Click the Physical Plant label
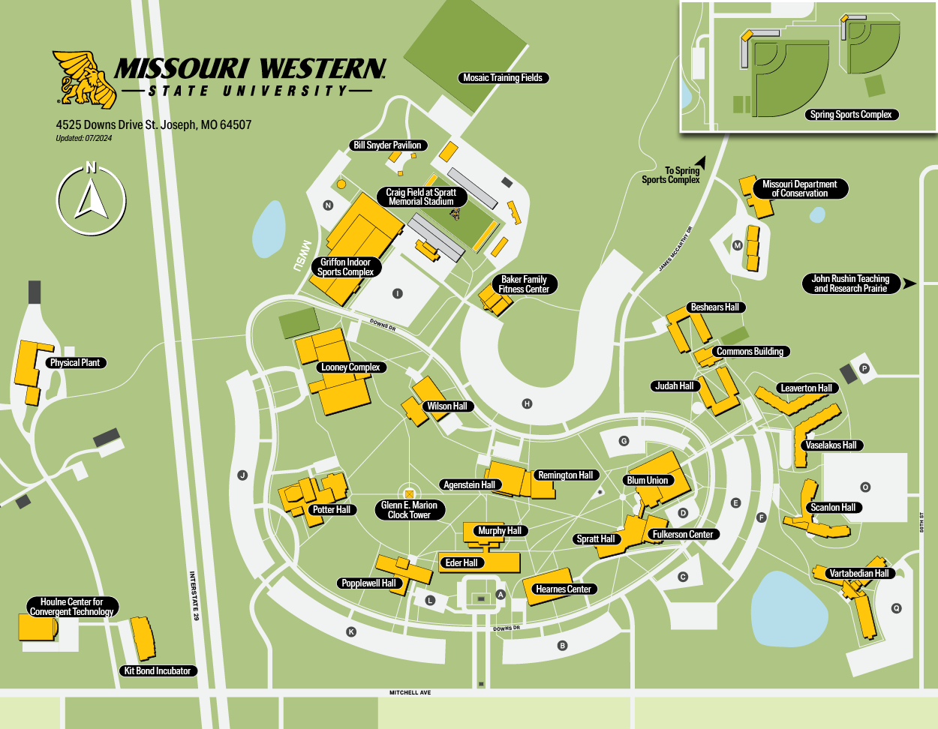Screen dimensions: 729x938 (75, 363)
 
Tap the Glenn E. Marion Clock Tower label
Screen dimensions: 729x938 (409, 510)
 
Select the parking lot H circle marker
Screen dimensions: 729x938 (527, 403)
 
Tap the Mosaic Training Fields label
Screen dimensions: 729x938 (502, 78)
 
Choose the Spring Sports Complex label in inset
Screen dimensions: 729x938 (851, 115)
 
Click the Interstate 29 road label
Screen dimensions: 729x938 (194, 596)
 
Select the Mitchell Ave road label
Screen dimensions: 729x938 (410, 692)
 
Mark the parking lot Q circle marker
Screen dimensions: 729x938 (896, 608)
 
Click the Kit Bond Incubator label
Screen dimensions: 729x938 (158, 671)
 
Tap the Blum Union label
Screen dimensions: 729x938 (647, 481)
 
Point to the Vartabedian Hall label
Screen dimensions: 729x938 (858, 574)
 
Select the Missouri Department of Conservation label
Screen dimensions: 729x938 (799, 189)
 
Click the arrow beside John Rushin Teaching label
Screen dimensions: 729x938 (909, 283)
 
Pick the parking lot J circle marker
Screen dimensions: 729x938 (242, 475)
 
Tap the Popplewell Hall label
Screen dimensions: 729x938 (368, 583)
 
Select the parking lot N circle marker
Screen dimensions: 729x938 (328, 205)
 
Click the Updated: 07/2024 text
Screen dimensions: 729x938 (83, 138)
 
